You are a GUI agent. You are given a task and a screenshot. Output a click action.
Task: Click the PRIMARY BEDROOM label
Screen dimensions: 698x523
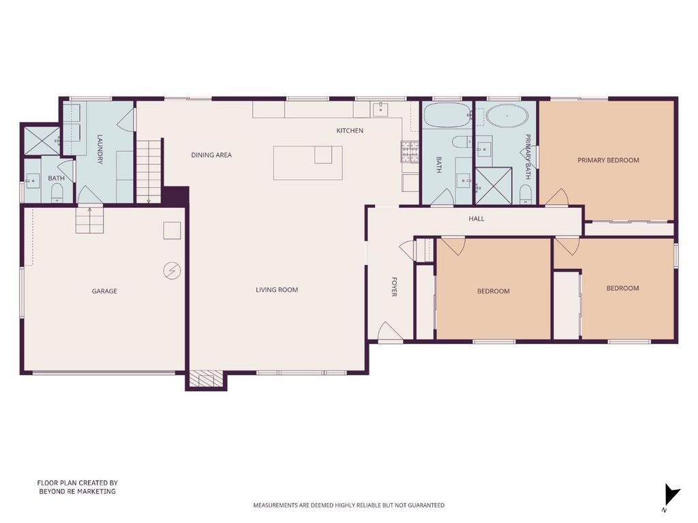click(x=608, y=160)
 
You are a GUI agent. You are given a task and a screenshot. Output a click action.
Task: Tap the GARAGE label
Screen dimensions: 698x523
click(x=104, y=291)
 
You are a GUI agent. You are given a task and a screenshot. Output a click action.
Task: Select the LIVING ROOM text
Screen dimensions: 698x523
click(x=277, y=289)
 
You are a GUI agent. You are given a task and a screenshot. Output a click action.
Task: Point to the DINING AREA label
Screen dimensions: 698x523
click(x=211, y=155)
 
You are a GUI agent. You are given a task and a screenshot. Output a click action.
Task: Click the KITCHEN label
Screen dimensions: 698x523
click(x=350, y=130)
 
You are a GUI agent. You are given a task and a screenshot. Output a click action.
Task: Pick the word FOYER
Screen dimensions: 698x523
click(x=394, y=287)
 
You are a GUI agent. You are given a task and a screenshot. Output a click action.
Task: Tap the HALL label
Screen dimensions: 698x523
click(x=476, y=219)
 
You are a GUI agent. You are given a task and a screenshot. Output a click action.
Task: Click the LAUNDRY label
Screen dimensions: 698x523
click(x=100, y=149)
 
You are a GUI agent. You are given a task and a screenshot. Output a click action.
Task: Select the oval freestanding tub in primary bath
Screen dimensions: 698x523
click(x=507, y=116)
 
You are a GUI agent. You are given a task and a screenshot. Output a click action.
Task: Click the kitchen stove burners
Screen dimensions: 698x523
click(x=410, y=150)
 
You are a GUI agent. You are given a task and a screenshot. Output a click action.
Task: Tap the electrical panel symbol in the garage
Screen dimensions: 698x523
click(x=172, y=270)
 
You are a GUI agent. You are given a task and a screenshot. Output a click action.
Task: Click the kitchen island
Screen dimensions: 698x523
click(x=307, y=163)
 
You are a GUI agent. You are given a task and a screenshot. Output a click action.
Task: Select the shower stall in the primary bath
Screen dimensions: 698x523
click(x=494, y=186)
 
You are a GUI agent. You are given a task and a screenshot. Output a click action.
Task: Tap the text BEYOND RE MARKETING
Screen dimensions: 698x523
click(x=78, y=492)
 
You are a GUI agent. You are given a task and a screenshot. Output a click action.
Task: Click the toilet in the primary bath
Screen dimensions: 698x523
click(x=526, y=194)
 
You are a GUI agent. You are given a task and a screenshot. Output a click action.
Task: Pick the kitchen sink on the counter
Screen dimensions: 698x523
click(x=381, y=108)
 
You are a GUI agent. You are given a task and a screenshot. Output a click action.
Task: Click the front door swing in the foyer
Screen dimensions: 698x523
click(x=389, y=332)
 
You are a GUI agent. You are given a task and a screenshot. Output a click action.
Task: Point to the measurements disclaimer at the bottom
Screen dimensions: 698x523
click(x=348, y=505)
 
